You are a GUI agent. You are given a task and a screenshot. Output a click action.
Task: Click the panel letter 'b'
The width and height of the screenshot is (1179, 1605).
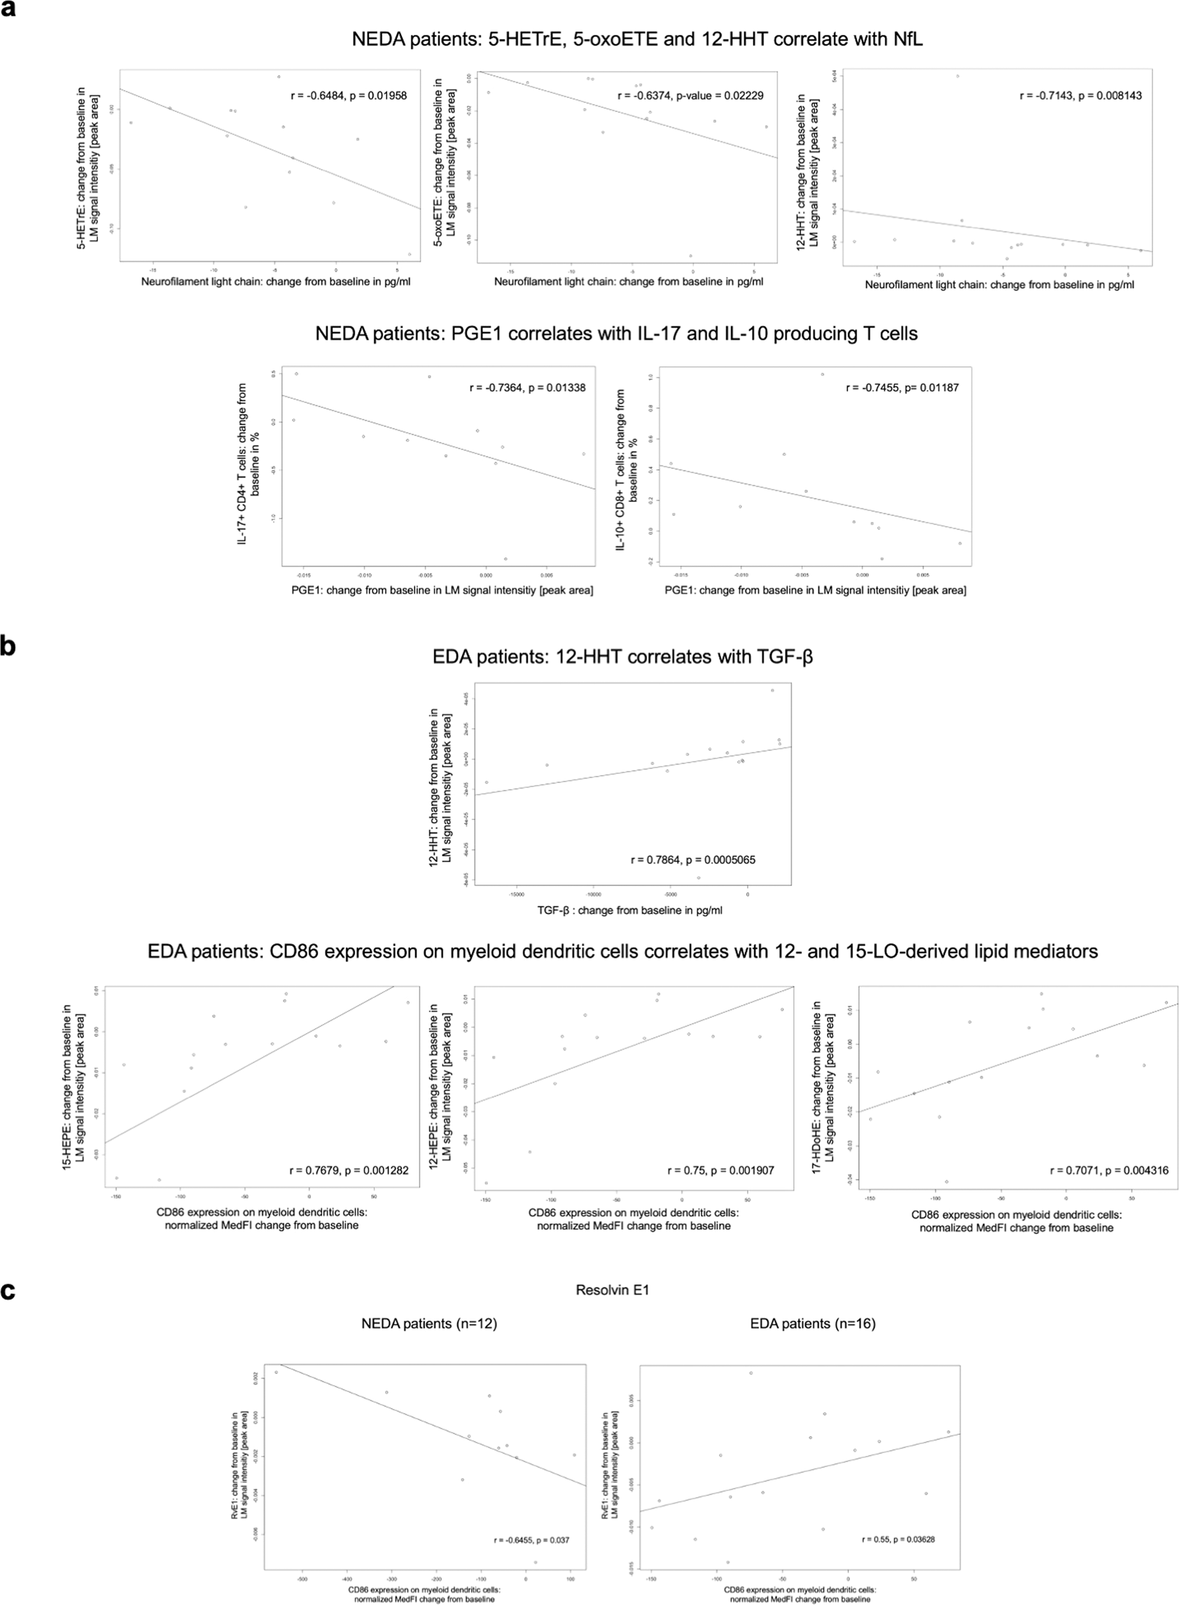(8, 646)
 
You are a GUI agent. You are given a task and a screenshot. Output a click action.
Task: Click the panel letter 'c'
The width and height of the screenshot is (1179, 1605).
(8, 1291)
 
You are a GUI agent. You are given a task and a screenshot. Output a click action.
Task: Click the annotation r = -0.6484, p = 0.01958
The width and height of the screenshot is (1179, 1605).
(348, 96)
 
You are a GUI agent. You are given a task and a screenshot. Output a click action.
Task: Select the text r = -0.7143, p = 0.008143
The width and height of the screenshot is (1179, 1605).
(1080, 96)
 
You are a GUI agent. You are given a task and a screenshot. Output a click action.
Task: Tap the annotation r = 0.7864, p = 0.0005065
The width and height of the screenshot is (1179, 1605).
(693, 860)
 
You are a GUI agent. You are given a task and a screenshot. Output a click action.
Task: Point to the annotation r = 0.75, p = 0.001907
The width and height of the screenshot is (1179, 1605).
(721, 1170)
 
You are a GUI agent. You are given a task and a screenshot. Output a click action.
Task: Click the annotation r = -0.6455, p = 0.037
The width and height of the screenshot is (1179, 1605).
(531, 1540)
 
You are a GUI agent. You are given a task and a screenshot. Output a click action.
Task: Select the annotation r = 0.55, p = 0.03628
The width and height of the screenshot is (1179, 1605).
(898, 1539)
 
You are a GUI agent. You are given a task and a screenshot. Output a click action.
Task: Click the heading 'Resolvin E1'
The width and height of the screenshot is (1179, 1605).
(613, 1290)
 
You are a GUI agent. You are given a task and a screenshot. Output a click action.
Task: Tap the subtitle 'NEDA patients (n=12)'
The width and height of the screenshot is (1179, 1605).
(429, 1323)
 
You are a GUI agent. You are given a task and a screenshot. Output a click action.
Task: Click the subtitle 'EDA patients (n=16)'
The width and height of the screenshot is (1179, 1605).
(813, 1323)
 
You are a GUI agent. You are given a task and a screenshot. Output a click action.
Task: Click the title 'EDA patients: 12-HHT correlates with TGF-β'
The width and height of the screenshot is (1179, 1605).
(622, 657)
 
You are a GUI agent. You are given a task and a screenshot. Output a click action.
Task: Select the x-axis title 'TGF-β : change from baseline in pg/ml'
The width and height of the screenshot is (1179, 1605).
(629, 910)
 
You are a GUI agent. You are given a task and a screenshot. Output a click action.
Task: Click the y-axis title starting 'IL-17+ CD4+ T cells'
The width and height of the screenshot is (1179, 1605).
(249, 464)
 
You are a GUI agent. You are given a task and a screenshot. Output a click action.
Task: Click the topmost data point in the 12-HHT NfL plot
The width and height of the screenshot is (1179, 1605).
(958, 76)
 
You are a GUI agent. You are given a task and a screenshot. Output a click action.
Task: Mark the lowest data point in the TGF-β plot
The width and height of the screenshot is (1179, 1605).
(698, 878)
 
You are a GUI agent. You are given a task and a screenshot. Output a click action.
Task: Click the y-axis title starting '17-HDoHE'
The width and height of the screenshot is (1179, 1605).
(823, 1087)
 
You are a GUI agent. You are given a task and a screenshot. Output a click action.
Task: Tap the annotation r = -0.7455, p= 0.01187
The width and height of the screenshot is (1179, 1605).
(902, 388)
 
